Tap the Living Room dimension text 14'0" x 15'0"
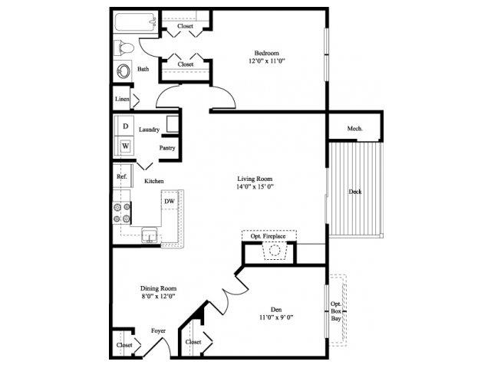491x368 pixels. [255, 186]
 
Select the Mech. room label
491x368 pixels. [354, 128]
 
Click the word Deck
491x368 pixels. [354, 192]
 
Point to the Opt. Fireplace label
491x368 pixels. [268, 237]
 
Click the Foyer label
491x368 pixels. [158, 331]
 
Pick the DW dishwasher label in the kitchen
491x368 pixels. [170, 201]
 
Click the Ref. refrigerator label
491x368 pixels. [121, 177]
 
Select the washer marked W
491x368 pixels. [125, 145]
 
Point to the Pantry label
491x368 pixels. [167, 147]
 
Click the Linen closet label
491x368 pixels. [122, 100]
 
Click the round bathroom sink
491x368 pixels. [124, 71]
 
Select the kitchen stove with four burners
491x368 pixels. [122, 212]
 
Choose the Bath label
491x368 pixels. [143, 69]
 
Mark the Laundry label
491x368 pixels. [149, 130]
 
